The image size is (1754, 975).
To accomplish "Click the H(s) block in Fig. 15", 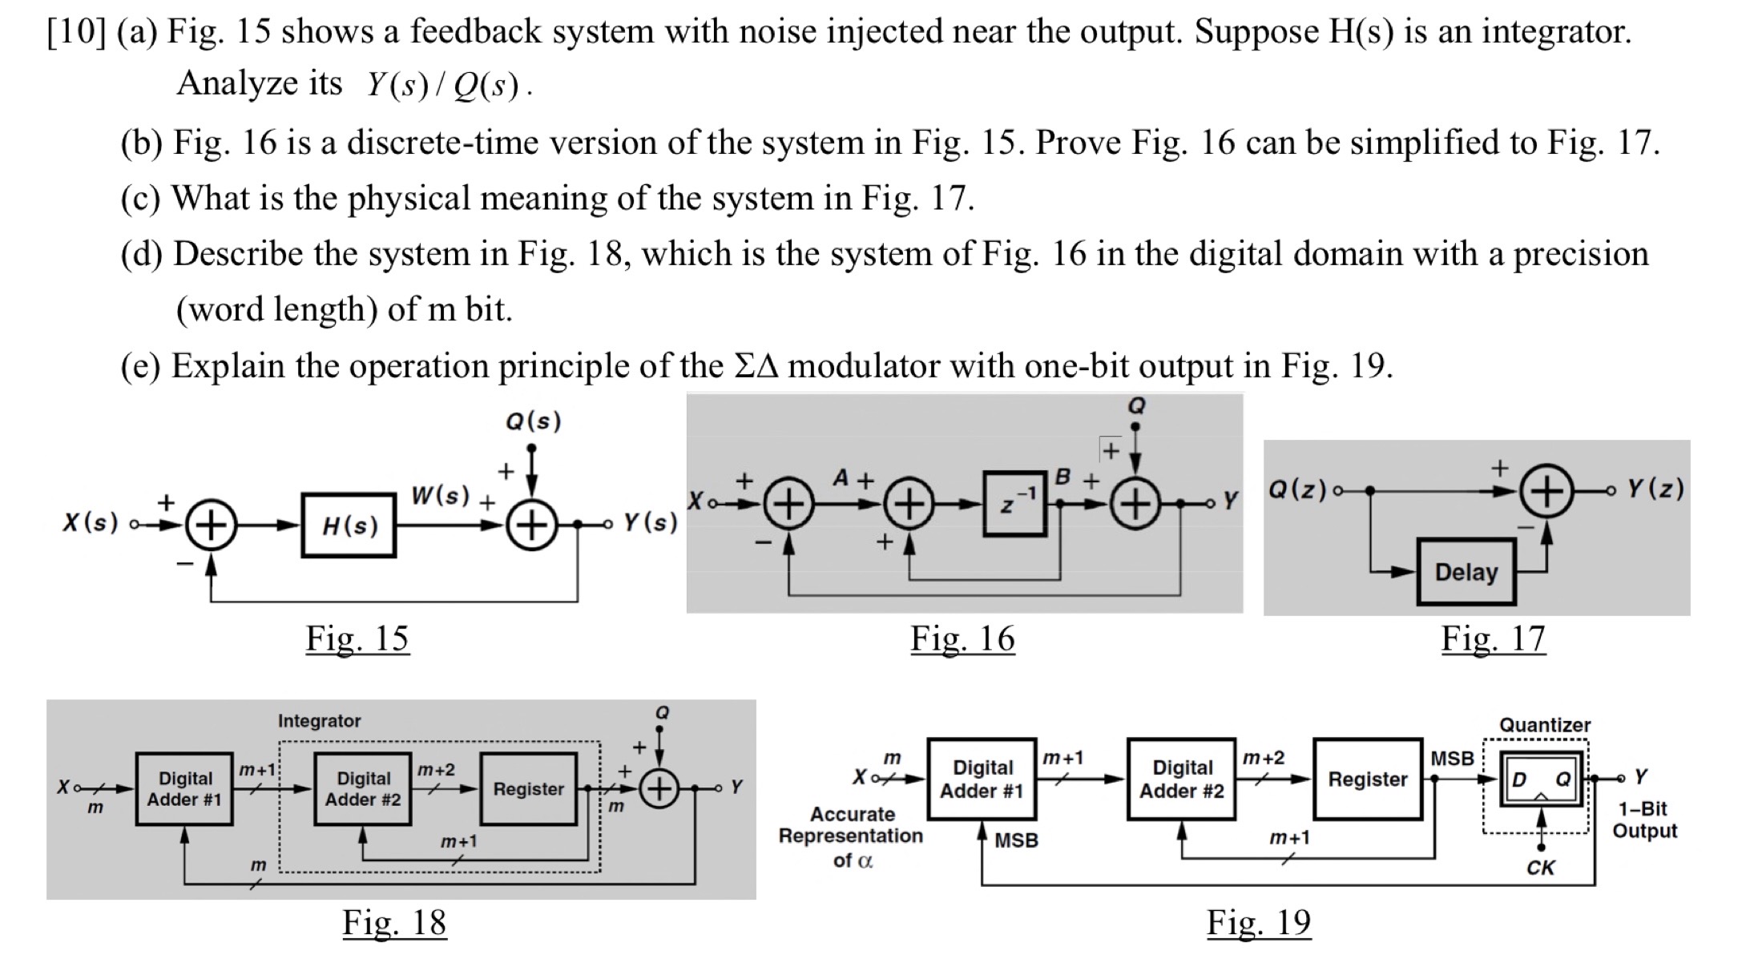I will coord(349,526).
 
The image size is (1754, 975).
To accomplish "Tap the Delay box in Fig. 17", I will coord(1466,572).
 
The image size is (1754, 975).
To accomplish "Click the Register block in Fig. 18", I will coord(528,789).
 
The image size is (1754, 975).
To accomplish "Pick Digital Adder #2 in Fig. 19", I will coord(1181,780).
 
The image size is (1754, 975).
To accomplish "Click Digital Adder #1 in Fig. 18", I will coord(184,789).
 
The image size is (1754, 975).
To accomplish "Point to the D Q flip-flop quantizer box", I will coord(1540,780).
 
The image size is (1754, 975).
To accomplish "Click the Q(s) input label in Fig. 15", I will coord(534,421).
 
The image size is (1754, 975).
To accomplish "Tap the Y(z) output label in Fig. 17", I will coord(1655,489).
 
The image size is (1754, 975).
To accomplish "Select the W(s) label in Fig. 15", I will coord(440,495).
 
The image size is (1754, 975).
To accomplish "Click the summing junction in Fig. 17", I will coord(1546,490).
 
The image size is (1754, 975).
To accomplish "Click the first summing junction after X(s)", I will coord(211,526).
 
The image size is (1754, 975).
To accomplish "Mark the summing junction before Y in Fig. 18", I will coord(659,789).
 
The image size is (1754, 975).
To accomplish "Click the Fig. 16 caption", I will coord(962,639).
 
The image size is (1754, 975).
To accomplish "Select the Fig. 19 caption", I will coord(1259,923).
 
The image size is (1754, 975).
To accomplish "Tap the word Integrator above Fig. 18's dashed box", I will coord(319,721).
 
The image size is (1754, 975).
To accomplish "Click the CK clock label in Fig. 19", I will coord(1540,868).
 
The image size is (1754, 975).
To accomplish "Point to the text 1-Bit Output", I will coord(1644,820).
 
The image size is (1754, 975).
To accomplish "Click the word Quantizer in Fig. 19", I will coord(1544,725).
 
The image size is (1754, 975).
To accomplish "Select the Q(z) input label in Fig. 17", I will coord(1297,489).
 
